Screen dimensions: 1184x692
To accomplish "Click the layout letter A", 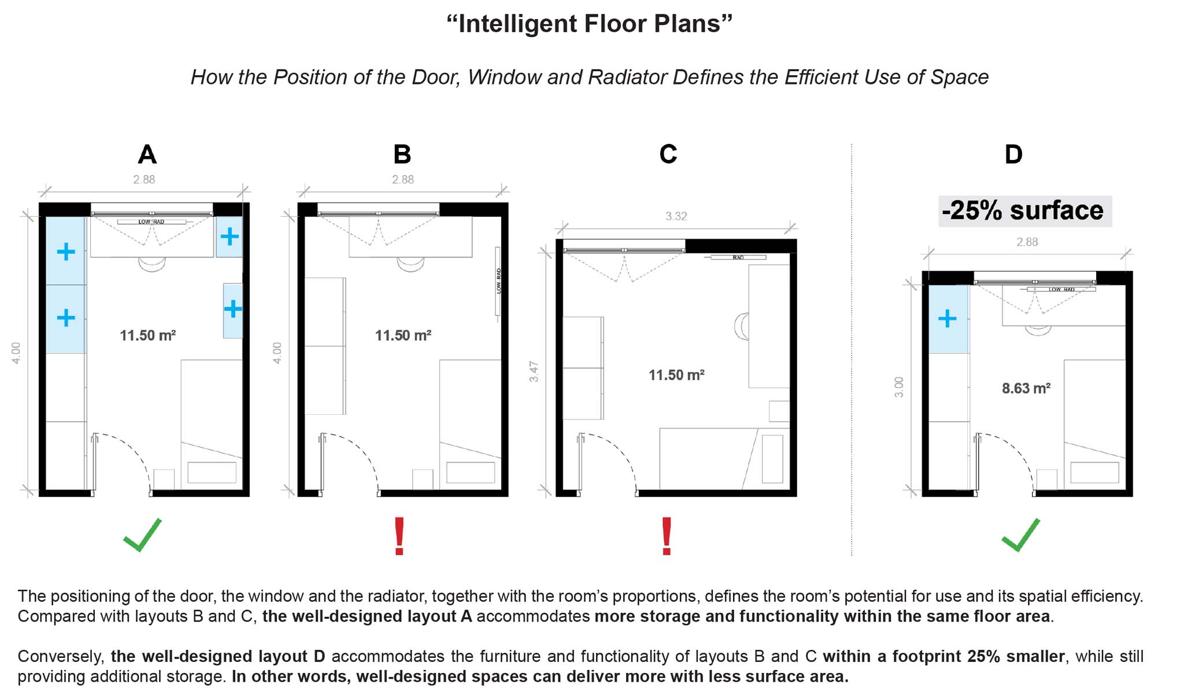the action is pyautogui.click(x=147, y=154).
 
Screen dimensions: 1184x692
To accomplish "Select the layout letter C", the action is pyautogui.click(x=668, y=154).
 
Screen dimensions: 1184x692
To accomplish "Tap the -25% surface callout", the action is pyautogui.click(x=1024, y=211).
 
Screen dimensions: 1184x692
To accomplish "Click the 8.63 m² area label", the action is pyautogui.click(x=1026, y=388).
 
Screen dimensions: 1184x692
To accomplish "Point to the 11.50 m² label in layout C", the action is pyautogui.click(x=676, y=375).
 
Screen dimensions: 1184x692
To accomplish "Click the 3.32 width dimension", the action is pyautogui.click(x=676, y=216).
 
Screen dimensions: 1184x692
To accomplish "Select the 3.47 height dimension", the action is pyautogui.click(x=534, y=371).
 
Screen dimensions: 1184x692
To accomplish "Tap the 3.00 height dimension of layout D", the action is pyautogui.click(x=898, y=387).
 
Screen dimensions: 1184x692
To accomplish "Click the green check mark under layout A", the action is pyautogui.click(x=142, y=535).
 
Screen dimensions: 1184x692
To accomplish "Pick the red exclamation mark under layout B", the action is pyautogui.click(x=399, y=536).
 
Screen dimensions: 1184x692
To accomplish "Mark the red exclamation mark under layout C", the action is pyautogui.click(x=667, y=536).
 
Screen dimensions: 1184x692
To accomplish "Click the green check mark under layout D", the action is pyautogui.click(x=1020, y=535).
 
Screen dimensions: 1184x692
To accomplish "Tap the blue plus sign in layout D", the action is pyautogui.click(x=947, y=318).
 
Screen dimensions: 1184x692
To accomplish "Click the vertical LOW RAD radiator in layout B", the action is pyautogui.click(x=498, y=281).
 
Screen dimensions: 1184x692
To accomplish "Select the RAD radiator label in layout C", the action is pyautogui.click(x=738, y=257).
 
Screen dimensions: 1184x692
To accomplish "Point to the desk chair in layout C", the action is pyautogui.click(x=741, y=326).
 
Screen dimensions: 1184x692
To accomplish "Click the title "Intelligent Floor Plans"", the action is pyautogui.click(x=590, y=24).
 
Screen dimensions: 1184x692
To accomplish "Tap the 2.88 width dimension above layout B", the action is pyautogui.click(x=403, y=179).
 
